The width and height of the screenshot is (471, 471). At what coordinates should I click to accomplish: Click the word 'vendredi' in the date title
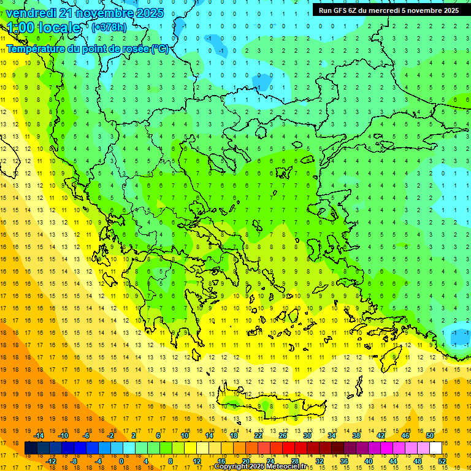coord(33,13)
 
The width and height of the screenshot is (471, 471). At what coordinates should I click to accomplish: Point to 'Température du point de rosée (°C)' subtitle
coord(88,48)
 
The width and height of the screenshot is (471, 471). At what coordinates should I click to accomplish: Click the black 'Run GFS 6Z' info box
coord(389,10)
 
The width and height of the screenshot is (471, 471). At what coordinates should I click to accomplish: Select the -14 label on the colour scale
coord(39,435)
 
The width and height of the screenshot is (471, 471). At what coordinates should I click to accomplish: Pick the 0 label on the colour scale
coord(121,461)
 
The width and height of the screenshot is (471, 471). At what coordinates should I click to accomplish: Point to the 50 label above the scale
coord(429,435)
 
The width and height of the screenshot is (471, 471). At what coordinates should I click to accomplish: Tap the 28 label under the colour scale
coord(294,461)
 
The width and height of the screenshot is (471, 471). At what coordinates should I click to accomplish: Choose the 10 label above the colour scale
coord(185,435)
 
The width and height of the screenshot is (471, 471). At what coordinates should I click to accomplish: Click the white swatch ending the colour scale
coord(435,448)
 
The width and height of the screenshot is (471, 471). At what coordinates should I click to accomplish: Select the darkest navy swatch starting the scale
coord(31,448)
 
